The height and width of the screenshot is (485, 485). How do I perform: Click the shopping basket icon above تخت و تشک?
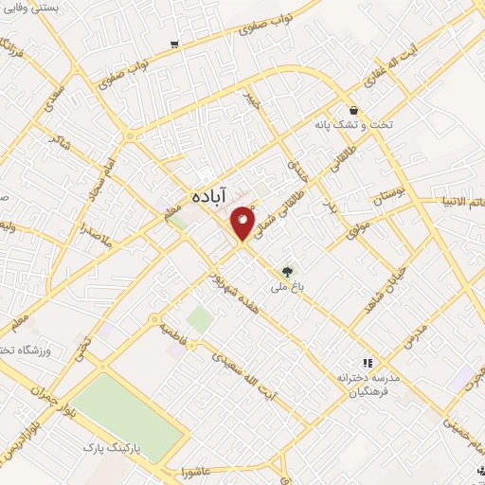pos(352,109)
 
